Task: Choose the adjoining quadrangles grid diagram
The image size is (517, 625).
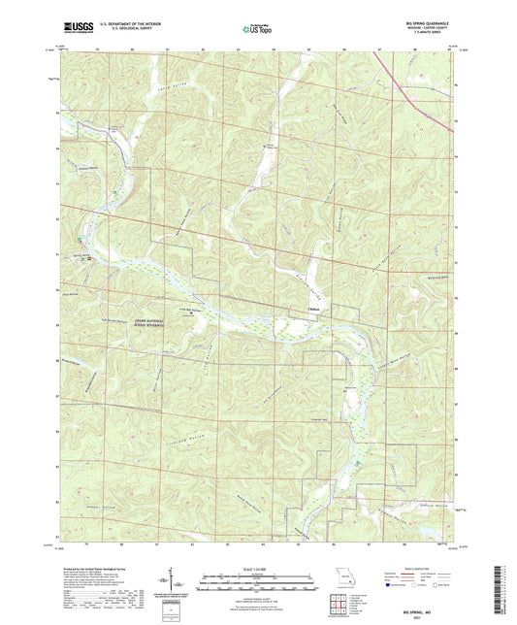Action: coord(337,603)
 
